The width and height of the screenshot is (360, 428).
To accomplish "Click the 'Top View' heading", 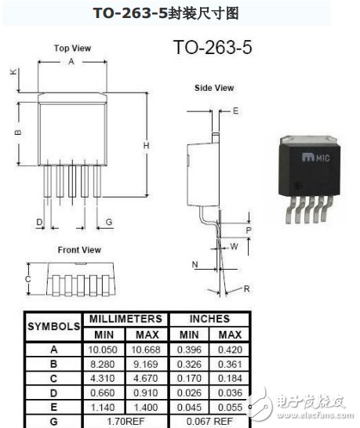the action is [x=72, y=49].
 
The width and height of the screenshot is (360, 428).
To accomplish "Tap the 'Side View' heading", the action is [x=214, y=88].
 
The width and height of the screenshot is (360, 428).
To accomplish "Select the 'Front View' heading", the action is [x=79, y=250].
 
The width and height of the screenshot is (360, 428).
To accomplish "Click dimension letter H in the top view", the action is [x=147, y=146].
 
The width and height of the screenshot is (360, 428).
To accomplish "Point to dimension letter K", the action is [x=13, y=72].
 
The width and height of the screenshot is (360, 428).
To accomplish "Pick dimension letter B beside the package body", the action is [x=18, y=132].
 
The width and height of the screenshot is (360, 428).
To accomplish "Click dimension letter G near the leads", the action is [x=109, y=222].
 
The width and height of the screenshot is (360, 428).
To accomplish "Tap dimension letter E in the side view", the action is [x=235, y=111].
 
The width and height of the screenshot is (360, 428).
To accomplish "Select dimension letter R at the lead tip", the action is [x=246, y=288].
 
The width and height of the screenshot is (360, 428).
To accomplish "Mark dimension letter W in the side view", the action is [x=234, y=246].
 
